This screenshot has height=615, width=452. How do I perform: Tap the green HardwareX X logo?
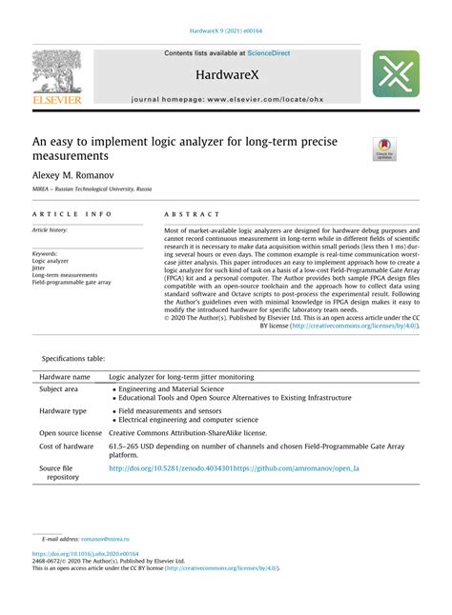[395, 74]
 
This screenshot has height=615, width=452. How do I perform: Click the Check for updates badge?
[385, 149]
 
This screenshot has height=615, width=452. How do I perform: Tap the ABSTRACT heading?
[192, 215]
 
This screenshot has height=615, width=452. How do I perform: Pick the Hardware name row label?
[65, 377]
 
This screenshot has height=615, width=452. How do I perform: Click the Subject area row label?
[59, 389]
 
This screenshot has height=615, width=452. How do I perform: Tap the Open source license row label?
[70, 432]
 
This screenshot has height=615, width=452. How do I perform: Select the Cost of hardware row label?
[66, 446]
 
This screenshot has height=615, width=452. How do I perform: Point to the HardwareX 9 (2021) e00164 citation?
[225, 31]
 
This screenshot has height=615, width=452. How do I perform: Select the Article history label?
[53, 230]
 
